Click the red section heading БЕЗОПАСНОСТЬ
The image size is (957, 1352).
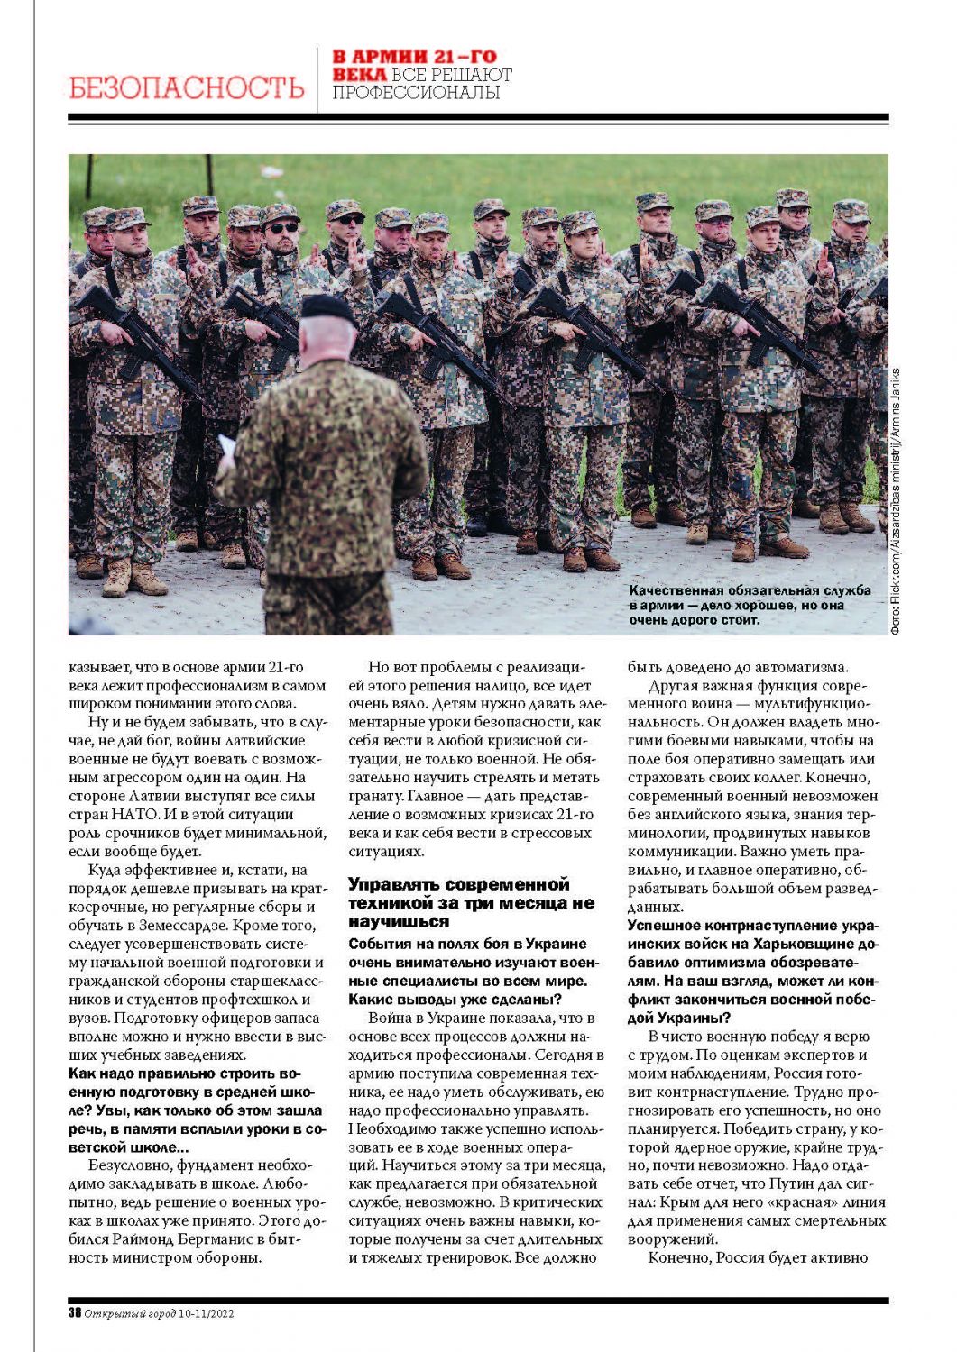pyautogui.click(x=187, y=87)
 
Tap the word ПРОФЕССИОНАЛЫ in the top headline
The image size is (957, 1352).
pyautogui.click(x=416, y=92)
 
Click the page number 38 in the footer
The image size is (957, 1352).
pyautogui.click(x=75, y=1313)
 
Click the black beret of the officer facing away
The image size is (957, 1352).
pyautogui.click(x=328, y=307)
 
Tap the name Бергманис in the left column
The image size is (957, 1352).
pyautogui.click(x=214, y=1239)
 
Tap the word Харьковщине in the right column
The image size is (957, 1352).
pyautogui.click(x=805, y=944)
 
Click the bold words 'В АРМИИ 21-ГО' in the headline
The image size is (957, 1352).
pyautogui.click(x=414, y=57)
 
